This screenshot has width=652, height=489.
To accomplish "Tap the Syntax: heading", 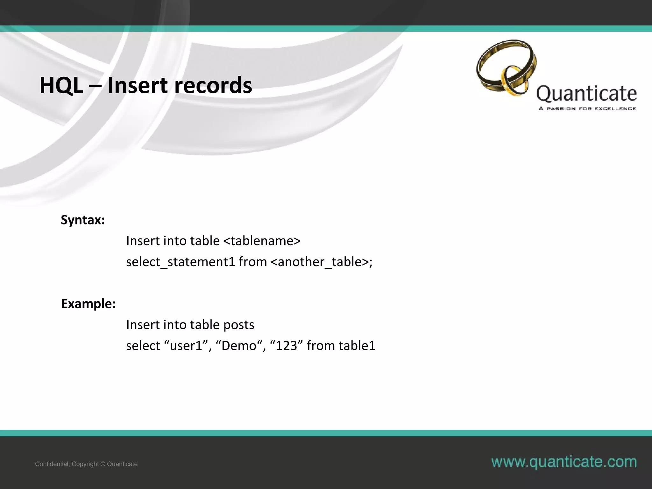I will tap(83, 220).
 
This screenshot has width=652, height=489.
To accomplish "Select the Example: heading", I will tap(88, 304).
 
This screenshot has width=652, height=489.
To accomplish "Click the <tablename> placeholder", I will tap(262, 241).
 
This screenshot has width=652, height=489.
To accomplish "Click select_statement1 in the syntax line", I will tap(181, 262).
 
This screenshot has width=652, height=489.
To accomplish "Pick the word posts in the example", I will tap(239, 325).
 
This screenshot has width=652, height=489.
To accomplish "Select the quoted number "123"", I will tap(286, 346).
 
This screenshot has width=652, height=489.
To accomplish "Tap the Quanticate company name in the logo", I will tap(586, 94).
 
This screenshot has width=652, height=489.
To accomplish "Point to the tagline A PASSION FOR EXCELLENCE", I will tap(587, 109).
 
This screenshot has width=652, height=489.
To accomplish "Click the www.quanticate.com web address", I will tap(564, 462).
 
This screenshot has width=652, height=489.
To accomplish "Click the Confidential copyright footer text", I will tap(86, 464).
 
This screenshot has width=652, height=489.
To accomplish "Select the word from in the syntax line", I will tap(253, 262).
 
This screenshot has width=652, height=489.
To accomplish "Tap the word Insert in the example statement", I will tap(143, 325).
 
